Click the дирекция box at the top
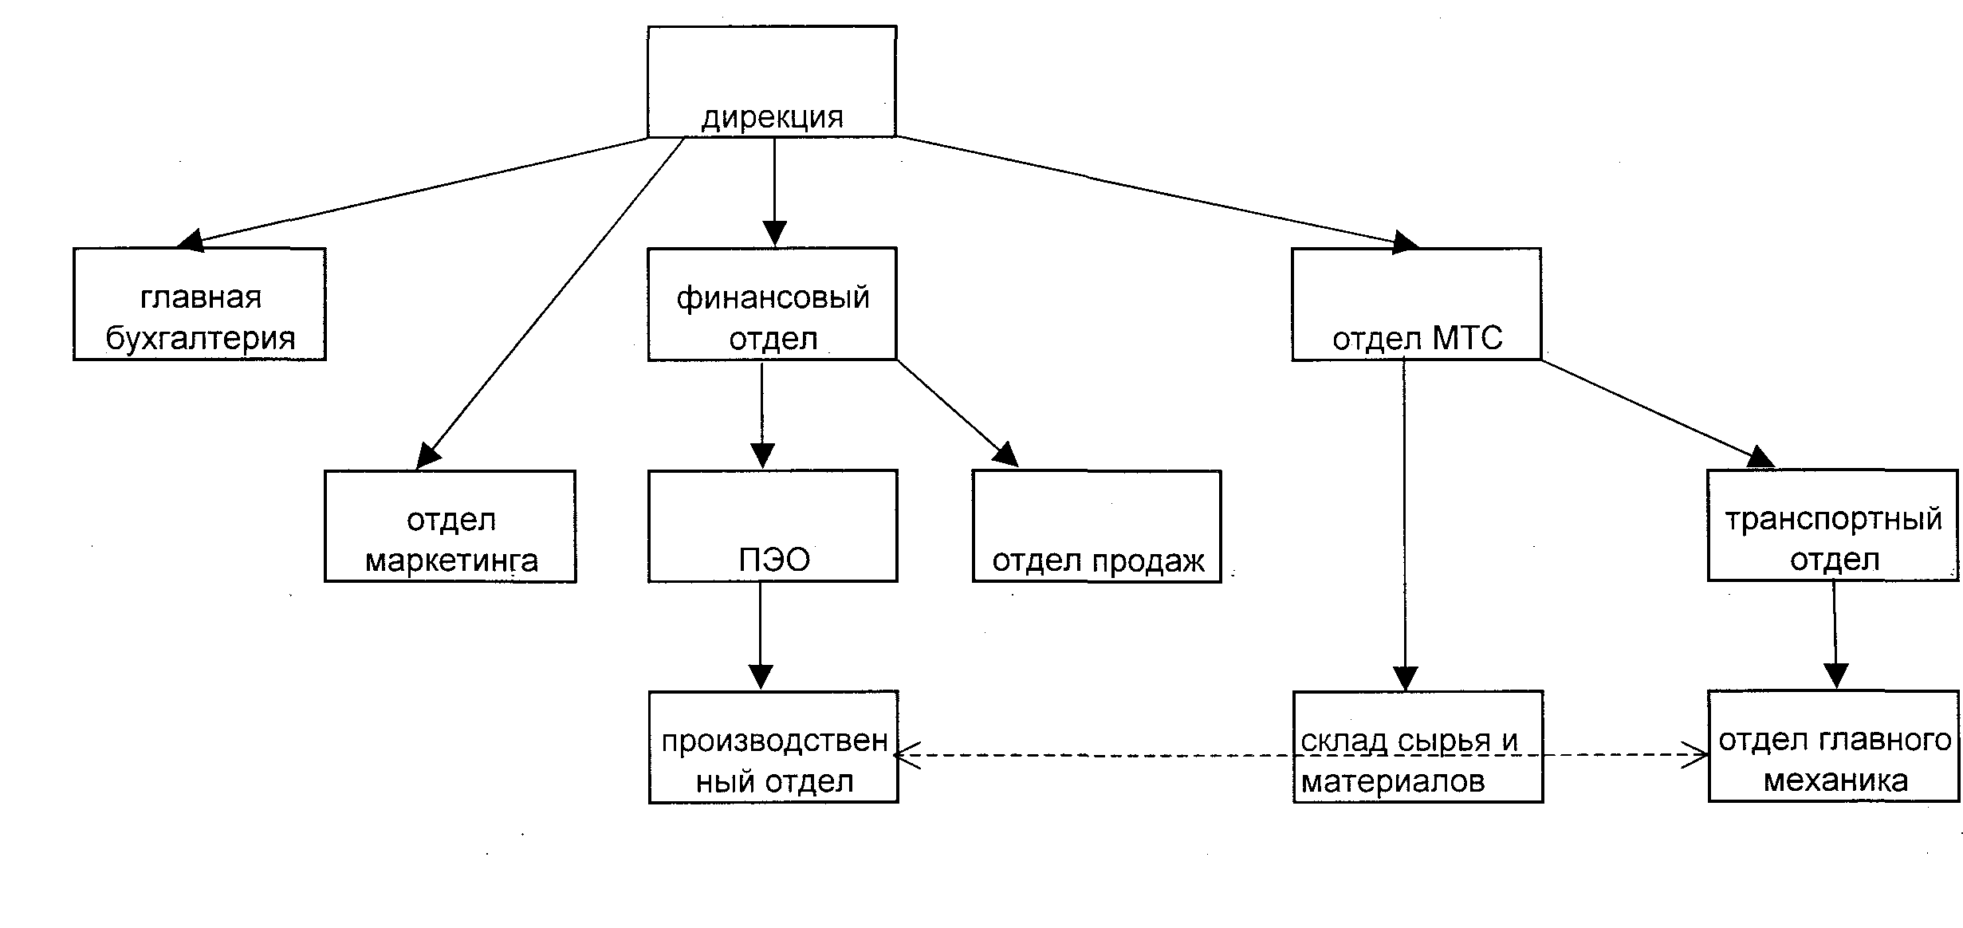tap(772, 81)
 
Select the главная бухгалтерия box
tap(199, 304)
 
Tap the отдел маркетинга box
tap(450, 526)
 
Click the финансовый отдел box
tap(772, 304)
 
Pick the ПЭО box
tap(772, 526)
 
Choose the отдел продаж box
tap(1096, 526)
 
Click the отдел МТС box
tap(1416, 304)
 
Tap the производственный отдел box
tap(773, 747)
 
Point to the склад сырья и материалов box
tap(1418, 747)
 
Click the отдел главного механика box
tap(1833, 747)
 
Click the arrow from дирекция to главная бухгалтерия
tap(423, 190)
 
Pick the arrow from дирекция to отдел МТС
tap(1156, 190)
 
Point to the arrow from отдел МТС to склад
tap(1405, 526)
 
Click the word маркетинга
tap(451, 561)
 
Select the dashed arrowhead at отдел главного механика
tap(1695, 755)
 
